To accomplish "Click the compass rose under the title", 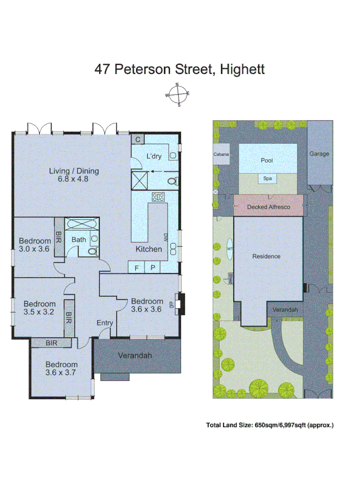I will [x=178, y=95].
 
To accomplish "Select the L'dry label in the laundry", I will [x=154, y=157].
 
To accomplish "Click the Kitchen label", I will [x=149, y=249].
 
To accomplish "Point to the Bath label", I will [x=78, y=240].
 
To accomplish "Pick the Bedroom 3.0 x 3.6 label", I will [x=34, y=245].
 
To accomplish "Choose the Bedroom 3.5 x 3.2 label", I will [x=39, y=308].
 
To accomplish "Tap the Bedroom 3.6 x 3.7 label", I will [x=61, y=368].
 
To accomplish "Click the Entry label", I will [x=105, y=323].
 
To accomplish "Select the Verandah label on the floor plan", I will [x=135, y=356].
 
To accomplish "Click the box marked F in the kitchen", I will [x=136, y=268].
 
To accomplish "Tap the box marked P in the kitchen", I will [x=153, y=268].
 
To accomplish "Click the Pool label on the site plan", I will [x=267, y=160].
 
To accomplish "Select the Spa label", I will [x=267, y=179].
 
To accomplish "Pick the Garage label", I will [x=319, y=153].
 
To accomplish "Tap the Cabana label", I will [x=221, y=154].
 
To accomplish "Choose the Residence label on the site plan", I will [x=266, y=256].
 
